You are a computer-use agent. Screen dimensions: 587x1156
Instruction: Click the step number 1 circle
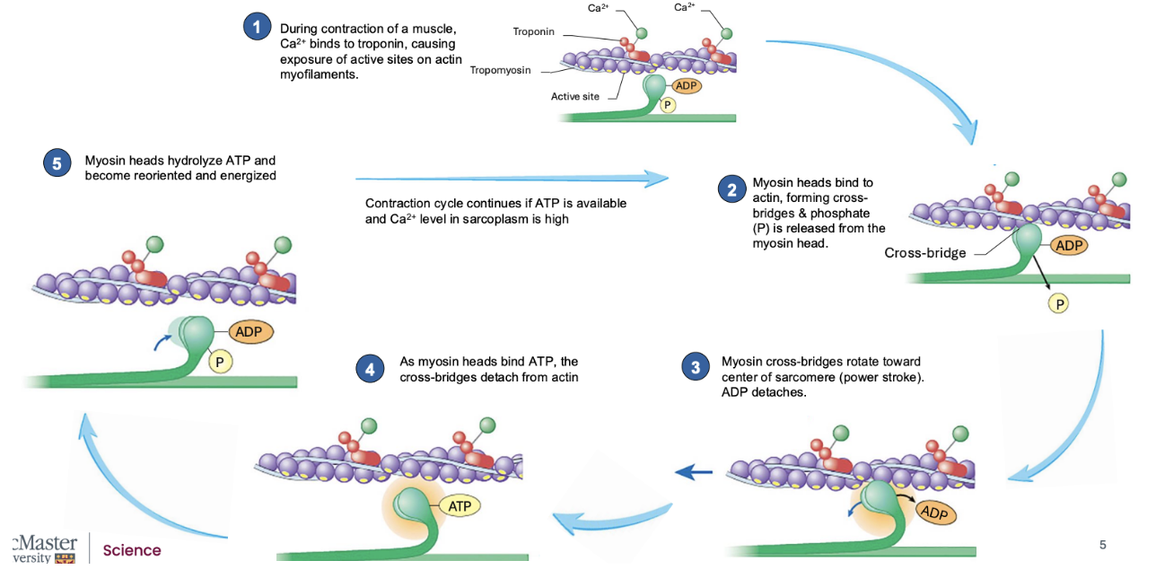[258, 27]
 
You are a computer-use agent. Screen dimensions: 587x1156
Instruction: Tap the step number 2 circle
[731, 188]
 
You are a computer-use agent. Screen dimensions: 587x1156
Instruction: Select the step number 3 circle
[695, 367]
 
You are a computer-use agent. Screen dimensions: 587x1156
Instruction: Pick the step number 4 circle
[369, 368]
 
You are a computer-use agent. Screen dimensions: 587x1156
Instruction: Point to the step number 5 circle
[57, 162]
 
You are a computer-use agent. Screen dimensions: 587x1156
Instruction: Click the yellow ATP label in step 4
[460, 506]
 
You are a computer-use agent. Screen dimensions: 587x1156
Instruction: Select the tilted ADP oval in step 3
[936, 513]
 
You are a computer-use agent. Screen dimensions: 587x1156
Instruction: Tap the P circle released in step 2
[1060, 304]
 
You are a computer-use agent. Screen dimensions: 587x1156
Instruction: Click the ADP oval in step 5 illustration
[250, 331]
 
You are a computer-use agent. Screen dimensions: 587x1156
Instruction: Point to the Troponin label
[533, 31]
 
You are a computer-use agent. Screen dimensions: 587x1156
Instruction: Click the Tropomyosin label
[500, 70]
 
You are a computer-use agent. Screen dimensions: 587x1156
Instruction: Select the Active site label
[574, 96]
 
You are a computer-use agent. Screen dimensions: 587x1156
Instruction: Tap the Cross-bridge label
[924, 253]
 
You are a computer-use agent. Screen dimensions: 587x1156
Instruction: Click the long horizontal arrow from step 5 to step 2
[512, 179]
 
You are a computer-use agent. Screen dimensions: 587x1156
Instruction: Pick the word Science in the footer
[132, 550]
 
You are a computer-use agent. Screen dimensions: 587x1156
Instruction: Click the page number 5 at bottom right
[1103, 545]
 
